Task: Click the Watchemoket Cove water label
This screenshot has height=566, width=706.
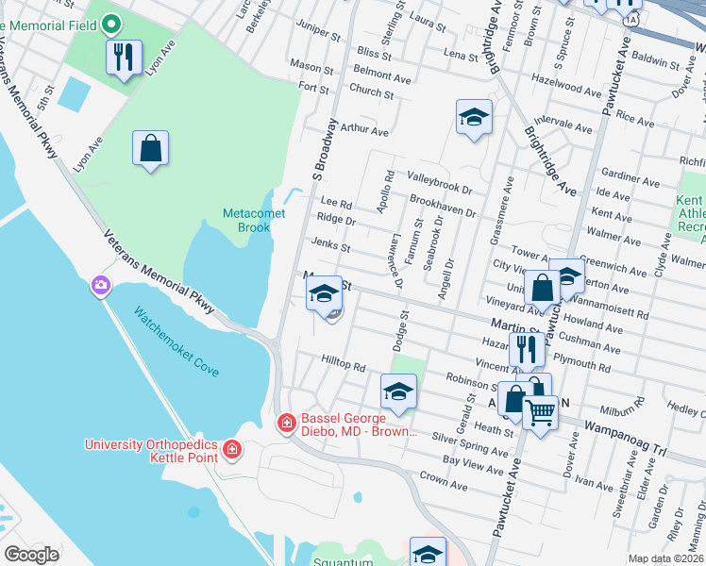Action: coord(176,341)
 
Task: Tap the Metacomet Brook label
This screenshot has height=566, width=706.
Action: coord(247,221)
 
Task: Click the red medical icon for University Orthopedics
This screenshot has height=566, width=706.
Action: coord(232,450)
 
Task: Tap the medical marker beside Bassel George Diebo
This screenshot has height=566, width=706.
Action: coord(286,424)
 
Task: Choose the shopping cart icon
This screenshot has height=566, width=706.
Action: coord(540,410)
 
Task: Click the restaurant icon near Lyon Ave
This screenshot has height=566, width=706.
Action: coord(124,58)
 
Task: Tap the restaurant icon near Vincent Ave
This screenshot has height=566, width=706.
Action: coord(527,350)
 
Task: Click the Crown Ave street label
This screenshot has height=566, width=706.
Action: coord(444,481)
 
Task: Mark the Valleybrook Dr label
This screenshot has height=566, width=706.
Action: coord(439,176)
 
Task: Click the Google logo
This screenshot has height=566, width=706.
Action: coord(31,555)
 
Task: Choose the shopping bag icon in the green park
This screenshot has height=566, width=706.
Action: coord(150,148)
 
